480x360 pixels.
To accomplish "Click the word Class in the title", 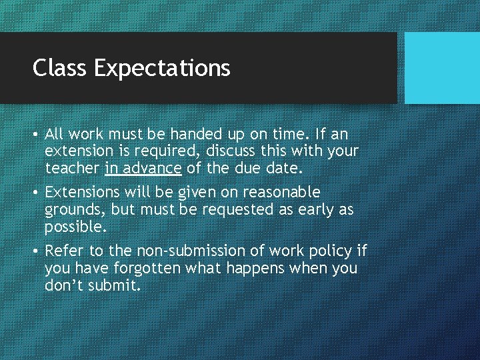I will (61, 68).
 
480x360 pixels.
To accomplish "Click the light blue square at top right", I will (442, 68).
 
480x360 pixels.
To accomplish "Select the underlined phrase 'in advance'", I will (143, 168).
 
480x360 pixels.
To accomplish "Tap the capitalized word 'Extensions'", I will (83, 193).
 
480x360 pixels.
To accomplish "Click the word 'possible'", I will (74, 227).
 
